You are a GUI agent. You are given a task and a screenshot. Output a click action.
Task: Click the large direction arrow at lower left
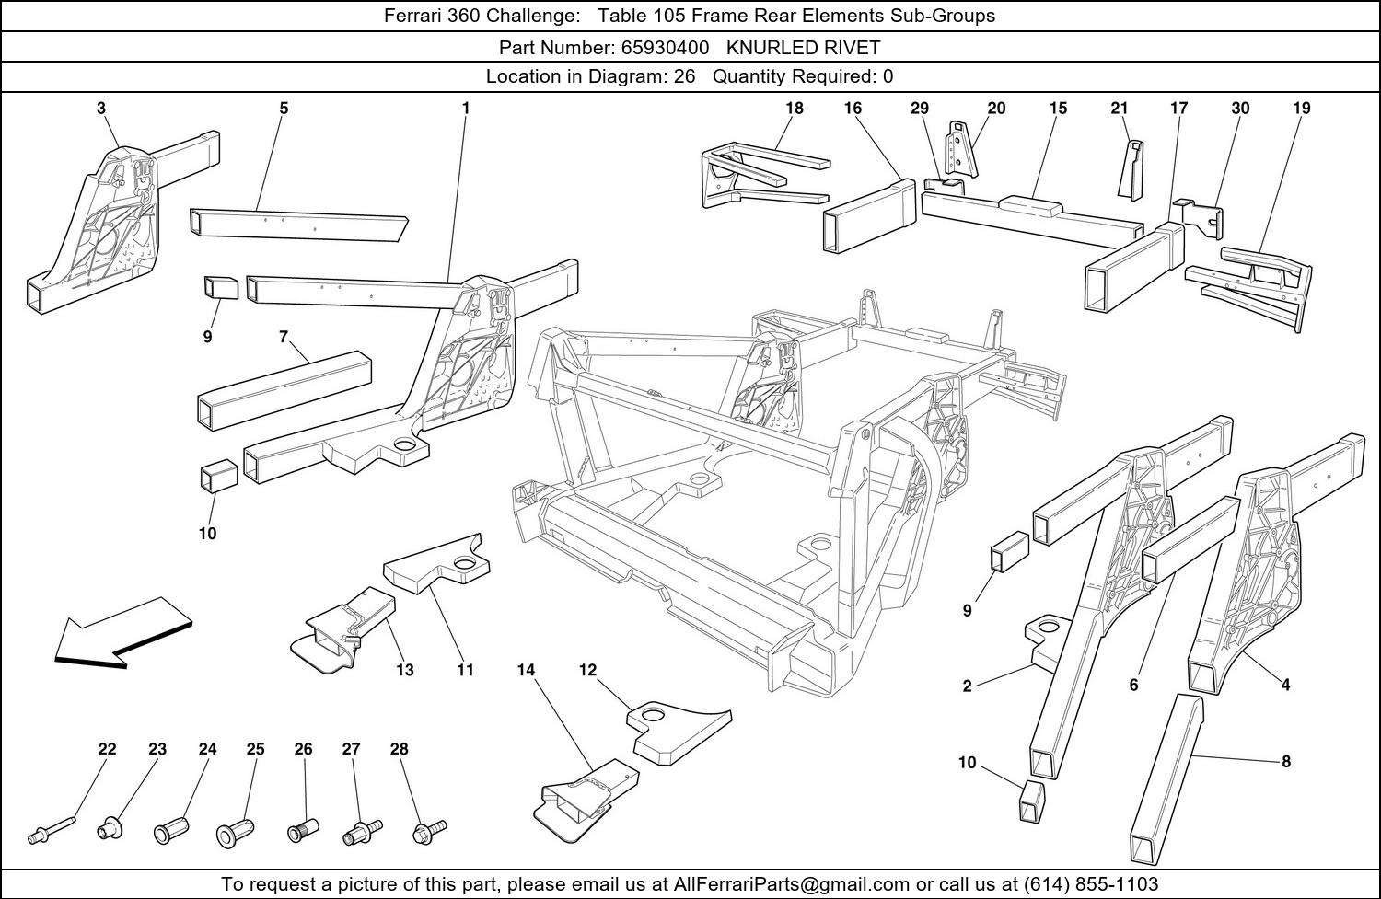(x=120, y=633)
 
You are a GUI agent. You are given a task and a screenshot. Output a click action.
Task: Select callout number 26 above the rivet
(x=304, y=749)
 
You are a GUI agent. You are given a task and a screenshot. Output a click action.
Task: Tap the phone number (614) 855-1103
(x=1091, y=884)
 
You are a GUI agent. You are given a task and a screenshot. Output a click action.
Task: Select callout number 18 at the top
(x=794, y=108)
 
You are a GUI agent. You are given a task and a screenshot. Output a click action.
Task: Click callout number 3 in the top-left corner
(x=101, y=108)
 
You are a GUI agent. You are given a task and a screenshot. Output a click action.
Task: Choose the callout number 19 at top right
(x=1301, y=108)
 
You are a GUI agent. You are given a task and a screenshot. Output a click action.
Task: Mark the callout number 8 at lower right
(x=1286, y=761)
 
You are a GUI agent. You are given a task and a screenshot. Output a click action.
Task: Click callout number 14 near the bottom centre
(x=526, y=670)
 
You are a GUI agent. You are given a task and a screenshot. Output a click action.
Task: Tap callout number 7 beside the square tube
(x=284, y=337)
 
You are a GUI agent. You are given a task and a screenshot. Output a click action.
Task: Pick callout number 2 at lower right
(x=967, y=686)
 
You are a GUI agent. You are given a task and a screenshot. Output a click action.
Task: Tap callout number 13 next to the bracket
(x=405, y=670)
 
